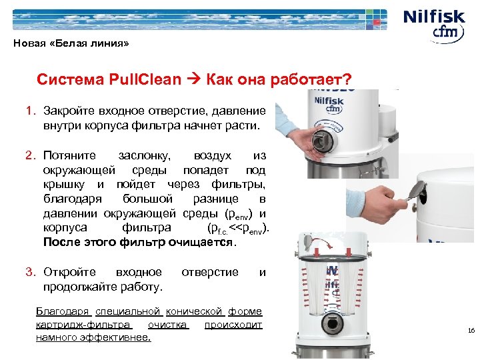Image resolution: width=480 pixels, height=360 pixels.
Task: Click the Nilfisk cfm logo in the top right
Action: pyautogui.click(x=436, y=24)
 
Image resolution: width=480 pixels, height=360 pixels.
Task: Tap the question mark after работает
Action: pyautogui.click(x=347, y=80)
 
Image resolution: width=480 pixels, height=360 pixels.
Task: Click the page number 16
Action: pyautogui.click(x=471, y=331)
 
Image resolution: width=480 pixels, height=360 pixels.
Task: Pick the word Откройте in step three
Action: pyautogui.click(x=69, y=272)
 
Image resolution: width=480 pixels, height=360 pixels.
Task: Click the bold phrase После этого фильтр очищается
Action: pyautogui.click(x=139, y=242)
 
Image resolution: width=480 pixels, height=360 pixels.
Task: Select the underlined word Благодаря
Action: pyautogui.click(x=63, y=311)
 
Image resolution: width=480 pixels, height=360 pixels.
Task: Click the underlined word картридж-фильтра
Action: pyautogui.click(x=83, y=325)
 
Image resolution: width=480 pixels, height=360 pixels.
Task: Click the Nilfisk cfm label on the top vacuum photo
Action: pyautogui.click(x=329, y=106)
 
